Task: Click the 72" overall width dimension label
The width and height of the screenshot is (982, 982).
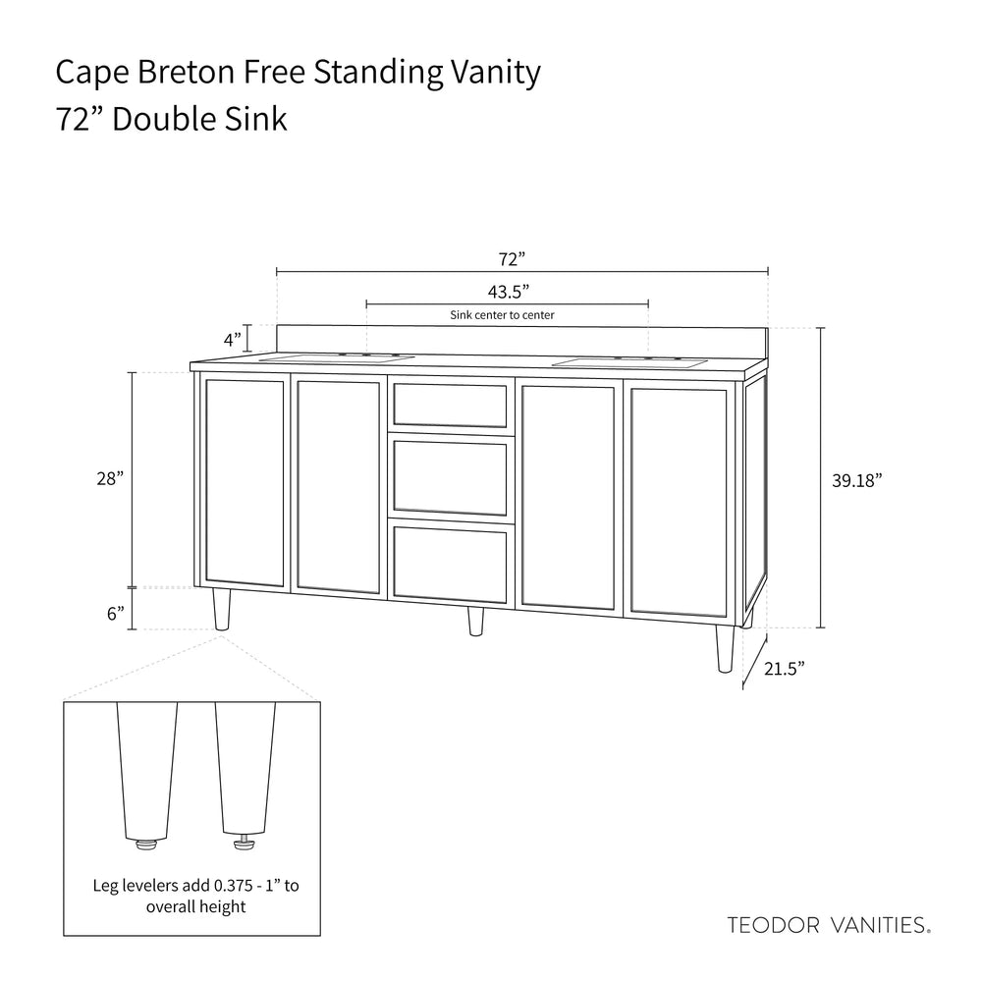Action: tap(512, 259)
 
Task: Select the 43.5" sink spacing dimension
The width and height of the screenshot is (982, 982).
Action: tap(508, 291)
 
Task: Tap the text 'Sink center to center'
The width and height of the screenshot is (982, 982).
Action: tap(502, 315)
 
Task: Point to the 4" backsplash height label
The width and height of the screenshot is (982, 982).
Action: tap(232, 340)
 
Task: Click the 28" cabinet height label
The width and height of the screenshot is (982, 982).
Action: tap(109, 479)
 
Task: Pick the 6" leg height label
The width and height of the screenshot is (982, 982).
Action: tap(115, 613)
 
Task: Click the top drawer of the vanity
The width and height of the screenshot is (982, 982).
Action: tap(450, 405)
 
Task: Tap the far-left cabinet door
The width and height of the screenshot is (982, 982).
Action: tap(245, 482)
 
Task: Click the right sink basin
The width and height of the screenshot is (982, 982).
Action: tap(629, 363)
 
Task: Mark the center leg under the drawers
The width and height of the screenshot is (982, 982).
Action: tap(475, 623)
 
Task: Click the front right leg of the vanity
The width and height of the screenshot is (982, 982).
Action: tap(725, 648)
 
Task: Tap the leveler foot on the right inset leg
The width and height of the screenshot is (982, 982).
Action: tap(241, 841)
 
